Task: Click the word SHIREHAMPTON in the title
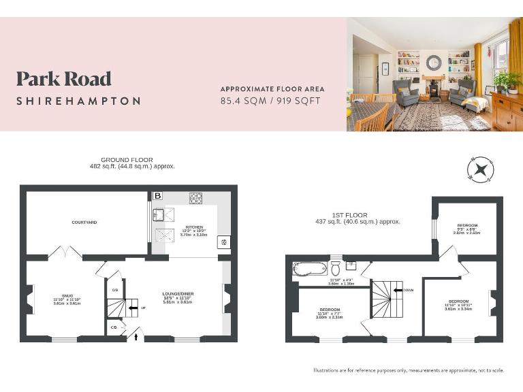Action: click(x=79, y=101)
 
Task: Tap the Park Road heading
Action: click(x=64, y=79)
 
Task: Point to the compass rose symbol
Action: click(x=481, y=170)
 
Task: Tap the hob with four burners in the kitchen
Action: click(x=196, y=198)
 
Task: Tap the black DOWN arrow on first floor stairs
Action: click(x=398, y=290)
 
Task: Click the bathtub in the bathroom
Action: click(x=310, y=267)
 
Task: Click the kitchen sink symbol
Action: click(x=160, y=216)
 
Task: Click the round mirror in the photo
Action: click(x=433, y=63)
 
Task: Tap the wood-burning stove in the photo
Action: click(x=433, y=91)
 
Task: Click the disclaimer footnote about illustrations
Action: click(x=408, y=370)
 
